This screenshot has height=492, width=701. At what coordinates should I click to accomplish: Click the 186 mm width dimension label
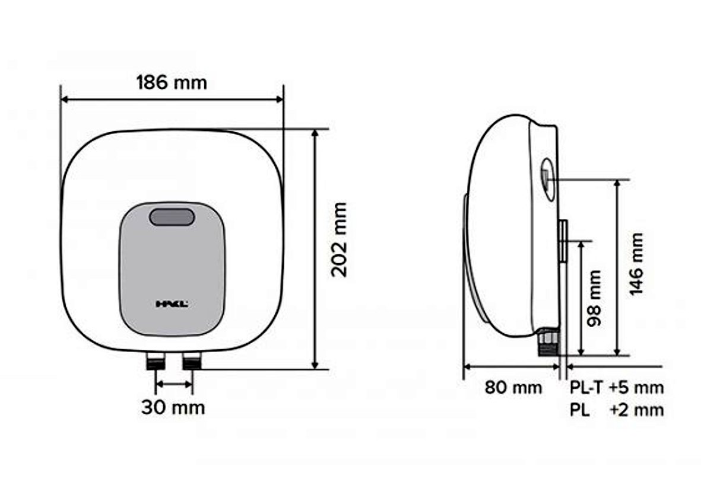172,82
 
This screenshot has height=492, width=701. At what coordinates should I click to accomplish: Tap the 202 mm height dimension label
340,239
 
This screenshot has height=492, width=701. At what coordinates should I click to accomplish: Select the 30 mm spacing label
173,407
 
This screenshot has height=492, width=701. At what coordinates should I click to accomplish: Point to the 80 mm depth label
513,387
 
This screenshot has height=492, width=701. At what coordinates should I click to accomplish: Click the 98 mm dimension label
594,298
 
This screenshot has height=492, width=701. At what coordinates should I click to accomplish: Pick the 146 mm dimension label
636,264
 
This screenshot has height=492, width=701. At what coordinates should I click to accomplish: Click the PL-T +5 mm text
617,387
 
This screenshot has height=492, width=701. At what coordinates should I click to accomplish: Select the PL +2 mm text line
617,410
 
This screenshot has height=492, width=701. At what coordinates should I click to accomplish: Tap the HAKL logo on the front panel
172,304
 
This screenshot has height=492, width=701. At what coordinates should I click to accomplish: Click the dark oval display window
172,217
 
